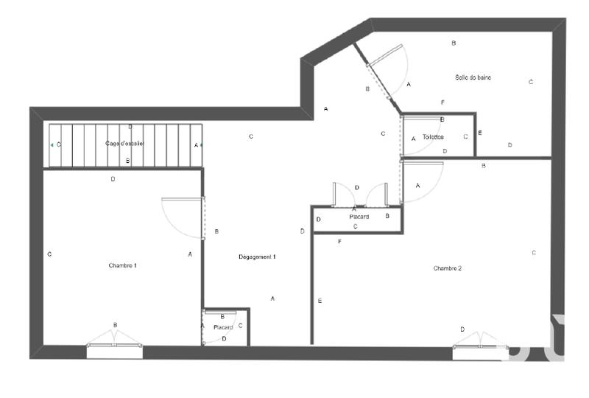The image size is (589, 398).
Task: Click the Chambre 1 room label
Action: tap(122, 265)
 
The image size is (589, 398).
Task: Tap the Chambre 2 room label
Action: tap(448, 268)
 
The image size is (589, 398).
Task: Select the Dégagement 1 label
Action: tap(257, 256)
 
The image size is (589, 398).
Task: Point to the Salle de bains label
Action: tap(473, 77)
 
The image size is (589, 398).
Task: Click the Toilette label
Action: tap(434, 137)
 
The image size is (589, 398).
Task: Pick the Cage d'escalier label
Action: tap(124, 144)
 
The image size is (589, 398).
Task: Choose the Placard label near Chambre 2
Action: tap(359, 217)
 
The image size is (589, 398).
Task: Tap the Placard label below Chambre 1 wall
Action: tap(223, 327)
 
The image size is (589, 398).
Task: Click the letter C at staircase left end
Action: tap(59, 145)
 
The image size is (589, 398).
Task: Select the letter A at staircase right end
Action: tap(196, 145)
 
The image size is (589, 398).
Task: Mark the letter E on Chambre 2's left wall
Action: tap(320, 301)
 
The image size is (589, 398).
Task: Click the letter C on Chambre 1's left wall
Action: tap(49, 254)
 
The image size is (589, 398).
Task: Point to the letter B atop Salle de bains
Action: tap(454, 43)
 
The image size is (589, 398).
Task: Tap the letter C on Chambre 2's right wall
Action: tap(534, 253)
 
